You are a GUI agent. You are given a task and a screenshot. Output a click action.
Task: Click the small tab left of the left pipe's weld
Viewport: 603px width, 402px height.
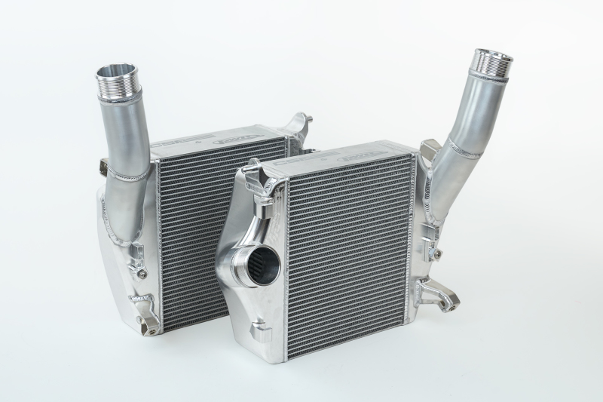[x=106, y=167]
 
